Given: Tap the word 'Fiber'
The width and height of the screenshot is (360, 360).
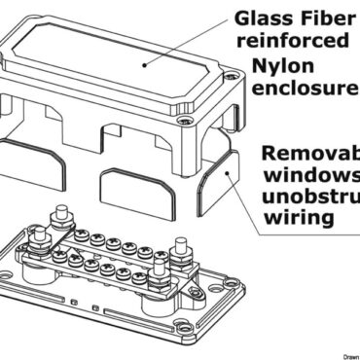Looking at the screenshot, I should [325, 17].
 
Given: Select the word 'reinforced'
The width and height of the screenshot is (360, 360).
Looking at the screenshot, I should [282, 41].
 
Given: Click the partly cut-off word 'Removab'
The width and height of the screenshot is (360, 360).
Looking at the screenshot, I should [309, 157].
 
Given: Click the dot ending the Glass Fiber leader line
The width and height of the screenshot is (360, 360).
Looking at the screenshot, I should [143, 60].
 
